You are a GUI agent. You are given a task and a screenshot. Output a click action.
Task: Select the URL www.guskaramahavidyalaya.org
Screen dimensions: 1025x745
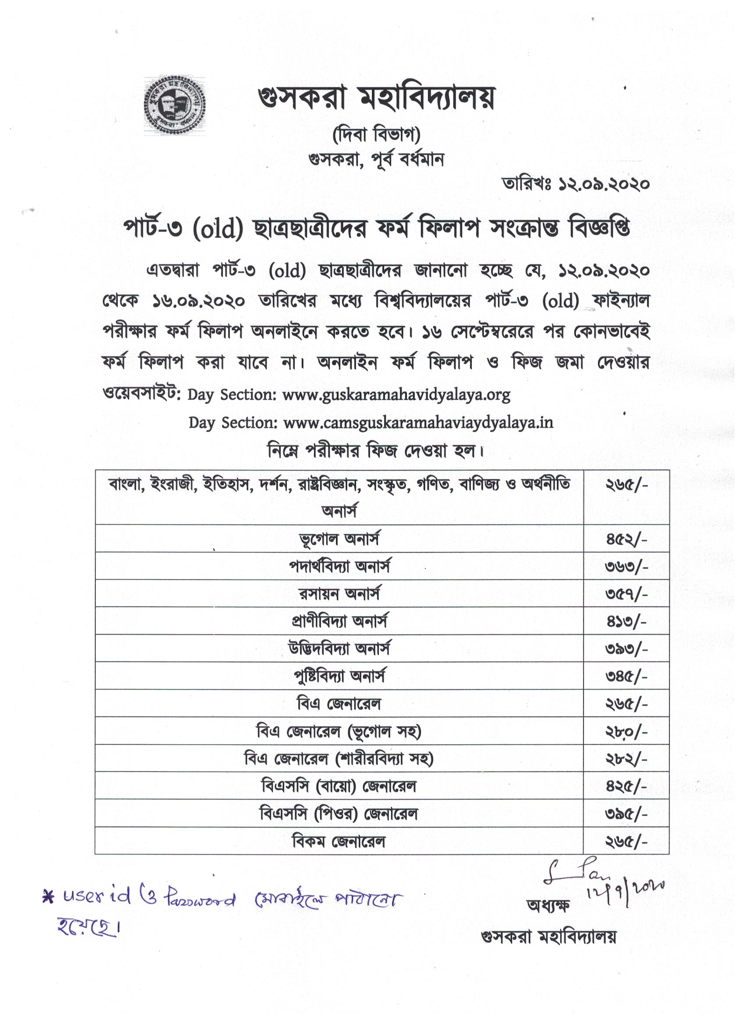click(396, 395)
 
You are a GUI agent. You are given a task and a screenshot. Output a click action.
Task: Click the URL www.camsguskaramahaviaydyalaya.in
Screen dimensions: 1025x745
click(418, 423)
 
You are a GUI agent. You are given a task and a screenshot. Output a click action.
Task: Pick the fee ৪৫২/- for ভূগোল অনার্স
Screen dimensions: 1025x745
click(626, 539)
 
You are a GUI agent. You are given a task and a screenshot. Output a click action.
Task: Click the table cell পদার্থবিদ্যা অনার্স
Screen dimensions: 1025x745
click(339, 566)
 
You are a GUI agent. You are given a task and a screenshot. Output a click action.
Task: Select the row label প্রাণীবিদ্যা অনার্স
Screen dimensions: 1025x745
click(339, 621)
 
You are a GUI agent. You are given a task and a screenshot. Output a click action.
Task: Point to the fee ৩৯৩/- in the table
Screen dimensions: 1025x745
click(626, 649)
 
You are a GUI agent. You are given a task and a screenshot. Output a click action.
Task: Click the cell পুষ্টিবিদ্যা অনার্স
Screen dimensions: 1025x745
click(339, 676)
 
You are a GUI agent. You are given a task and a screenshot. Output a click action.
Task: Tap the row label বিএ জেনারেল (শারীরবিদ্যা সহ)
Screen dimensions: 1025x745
click(339, 759)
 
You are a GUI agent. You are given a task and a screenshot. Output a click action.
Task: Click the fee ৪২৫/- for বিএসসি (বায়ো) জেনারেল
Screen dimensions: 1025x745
click(626, 787)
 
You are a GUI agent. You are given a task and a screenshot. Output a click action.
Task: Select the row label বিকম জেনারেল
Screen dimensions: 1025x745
click(339, 841)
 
